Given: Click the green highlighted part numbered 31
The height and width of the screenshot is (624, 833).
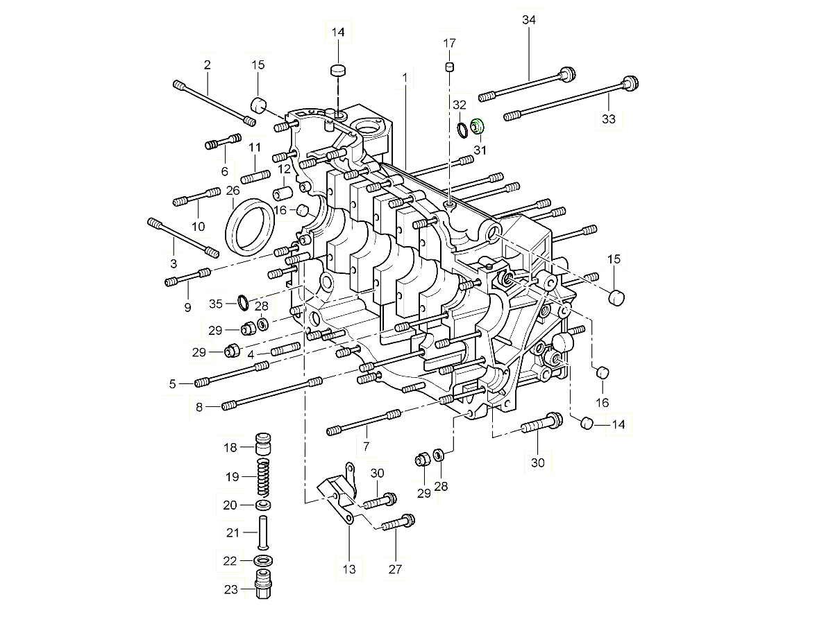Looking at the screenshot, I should pyautogui.click(x=478, y=127).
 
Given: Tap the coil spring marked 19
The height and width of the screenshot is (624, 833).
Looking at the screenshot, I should pyautogui.click(x=263, y=478).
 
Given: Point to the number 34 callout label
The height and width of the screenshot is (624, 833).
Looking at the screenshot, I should pyautogui.click(x=529, y=21).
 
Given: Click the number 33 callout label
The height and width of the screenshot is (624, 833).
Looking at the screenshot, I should pyautogui.click(x=609, y=119).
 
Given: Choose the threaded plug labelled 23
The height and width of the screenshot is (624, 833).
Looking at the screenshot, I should pyautogui.click(x=263, y=587).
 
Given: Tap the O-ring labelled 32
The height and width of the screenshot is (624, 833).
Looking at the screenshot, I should pyautogui.click(x=463, y=129).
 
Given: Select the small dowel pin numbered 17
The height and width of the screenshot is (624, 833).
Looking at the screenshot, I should pyautogui.click(x=449, y=67).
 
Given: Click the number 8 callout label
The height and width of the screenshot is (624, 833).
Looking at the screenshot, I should pyautogui.click(x=199, y=407).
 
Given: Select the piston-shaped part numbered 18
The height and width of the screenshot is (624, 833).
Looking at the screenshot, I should pyautogui.click(x=263, y=443).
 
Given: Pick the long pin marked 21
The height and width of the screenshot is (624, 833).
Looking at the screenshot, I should pyautogui.click(x=263, y=532).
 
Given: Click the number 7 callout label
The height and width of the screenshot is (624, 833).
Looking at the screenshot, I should pyautogui.click(x=366, y=446).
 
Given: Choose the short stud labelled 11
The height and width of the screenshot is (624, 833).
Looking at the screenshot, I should pyautogui.click(x=255, y=177).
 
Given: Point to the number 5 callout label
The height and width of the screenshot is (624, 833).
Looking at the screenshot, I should pyautogui.click(x=172, y=383).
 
